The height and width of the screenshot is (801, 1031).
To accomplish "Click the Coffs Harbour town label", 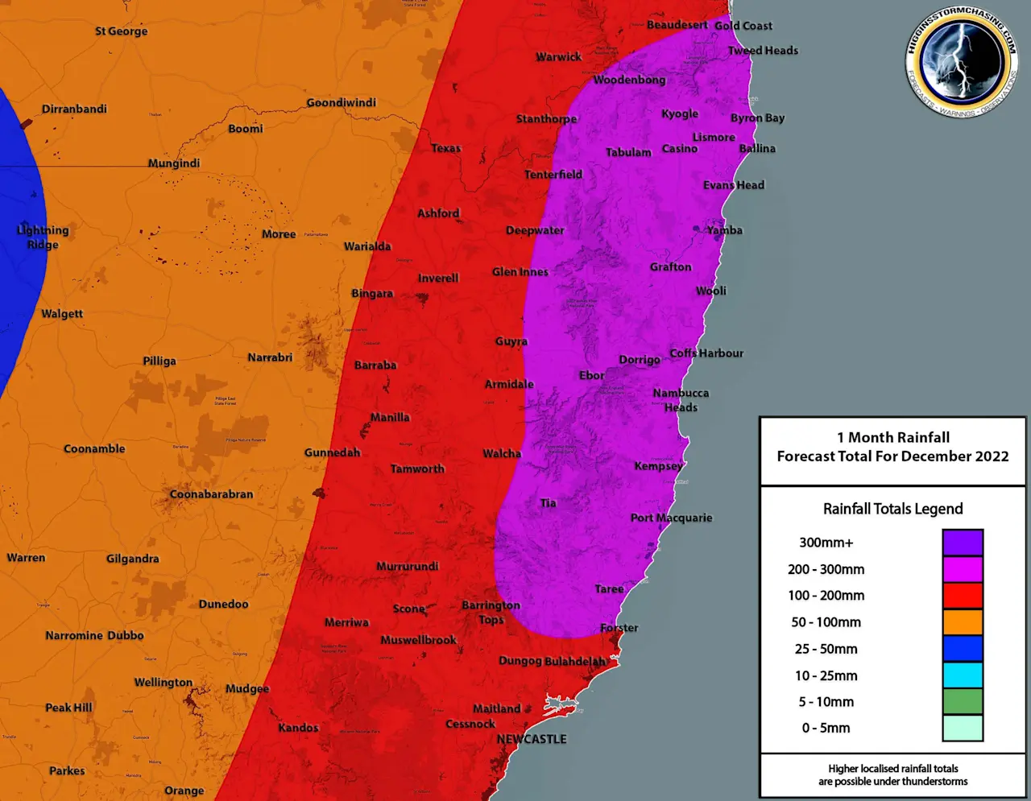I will pyautogui.click(x=706, y=353).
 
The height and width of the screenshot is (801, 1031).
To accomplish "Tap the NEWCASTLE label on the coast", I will pyautogui.click(x=532, y=739).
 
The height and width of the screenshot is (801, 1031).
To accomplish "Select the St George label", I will pyautogui.click(x=121, y=31).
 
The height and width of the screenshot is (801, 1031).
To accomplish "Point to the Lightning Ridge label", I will pyautogui.click(x=43, y=237).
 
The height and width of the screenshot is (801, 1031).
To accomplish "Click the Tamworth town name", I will pyautogui.click(x=417, y=469).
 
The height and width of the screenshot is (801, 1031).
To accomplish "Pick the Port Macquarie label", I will pyautogui.click(x=671, y=518).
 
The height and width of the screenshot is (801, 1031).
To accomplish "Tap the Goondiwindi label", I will pyautogui.click(x=341, y=103).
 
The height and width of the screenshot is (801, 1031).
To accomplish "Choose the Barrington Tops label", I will pyautogui.click(x=491, y=612).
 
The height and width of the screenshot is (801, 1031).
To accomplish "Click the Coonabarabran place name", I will pyautogui.click(x=211, y=494).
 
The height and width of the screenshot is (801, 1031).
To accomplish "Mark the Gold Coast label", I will pyautogui.click(x=743, y=26).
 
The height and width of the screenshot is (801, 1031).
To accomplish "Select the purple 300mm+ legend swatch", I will pyautogui.click(x=963, y=543).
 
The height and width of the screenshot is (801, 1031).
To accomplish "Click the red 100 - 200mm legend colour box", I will pyautogui.click(x=963, y=596).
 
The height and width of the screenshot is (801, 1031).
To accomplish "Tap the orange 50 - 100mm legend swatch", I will pyautogui.click(x=963, y=622).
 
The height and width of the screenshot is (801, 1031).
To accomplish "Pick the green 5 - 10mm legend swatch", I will pyautogui.click(x=963, y=701).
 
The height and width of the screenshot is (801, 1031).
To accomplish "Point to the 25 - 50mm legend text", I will pyautogui.click(x=826, y=649).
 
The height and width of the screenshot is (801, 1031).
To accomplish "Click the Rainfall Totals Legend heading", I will pyautogui.click(x=892, y=509).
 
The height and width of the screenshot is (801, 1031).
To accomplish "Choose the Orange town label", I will pyautogui.click(x=184, y=791).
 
